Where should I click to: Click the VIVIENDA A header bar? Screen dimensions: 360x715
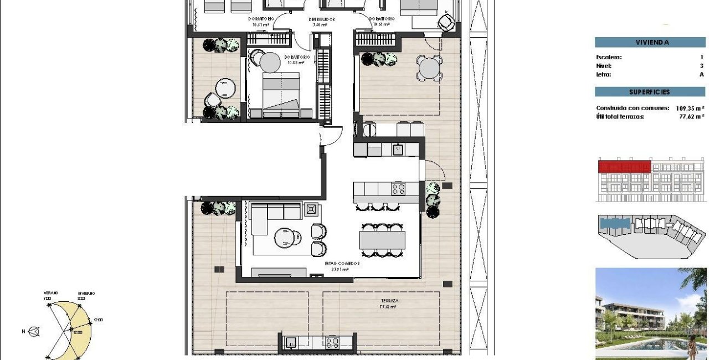[x=650, y=42]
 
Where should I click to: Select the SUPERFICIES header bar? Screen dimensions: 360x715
[x=650, y=92]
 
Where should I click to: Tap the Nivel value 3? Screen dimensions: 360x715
[x=701, y=65]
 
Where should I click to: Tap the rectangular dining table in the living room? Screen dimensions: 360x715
[x=382, y=240]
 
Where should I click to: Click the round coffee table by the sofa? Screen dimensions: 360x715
[x=286, y=238]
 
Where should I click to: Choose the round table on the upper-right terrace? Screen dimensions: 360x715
[x=430, y=69]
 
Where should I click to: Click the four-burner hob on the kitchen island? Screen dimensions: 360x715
[x=398, y=189]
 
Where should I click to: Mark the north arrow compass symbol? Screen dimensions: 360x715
[x=35, y=332]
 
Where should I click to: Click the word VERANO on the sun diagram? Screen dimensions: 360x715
[x=51, y=293]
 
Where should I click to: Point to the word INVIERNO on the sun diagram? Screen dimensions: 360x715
[x=85, y=293]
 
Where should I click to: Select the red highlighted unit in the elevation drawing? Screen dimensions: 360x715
[x=624, y=166]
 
